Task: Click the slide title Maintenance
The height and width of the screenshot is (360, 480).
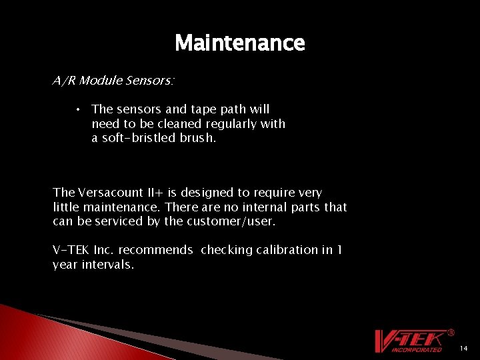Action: tap(239, 43)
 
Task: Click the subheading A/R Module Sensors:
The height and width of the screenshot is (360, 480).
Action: tap(113, 81)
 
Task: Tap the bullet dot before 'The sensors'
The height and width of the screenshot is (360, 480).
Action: tap(79, 109)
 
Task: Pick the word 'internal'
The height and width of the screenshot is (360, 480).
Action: tap(254, 207)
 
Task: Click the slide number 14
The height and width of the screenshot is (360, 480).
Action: tap(464, 349)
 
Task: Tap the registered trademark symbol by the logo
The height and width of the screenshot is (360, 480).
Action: tap(451, 332)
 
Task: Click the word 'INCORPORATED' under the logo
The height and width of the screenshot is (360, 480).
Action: tap(417, 349)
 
